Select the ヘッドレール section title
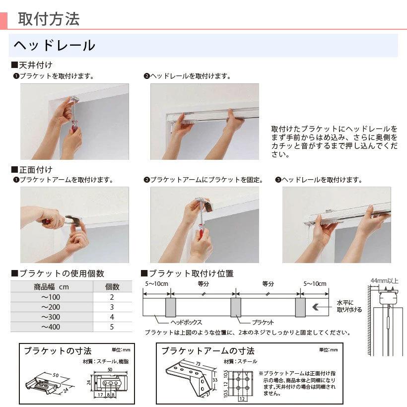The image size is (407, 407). coord(54,46)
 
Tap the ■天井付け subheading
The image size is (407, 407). coord(32,65)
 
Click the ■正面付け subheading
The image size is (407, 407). coord(32,170)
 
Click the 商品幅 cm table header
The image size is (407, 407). coord(51,286)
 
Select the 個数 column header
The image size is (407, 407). coord(112,286)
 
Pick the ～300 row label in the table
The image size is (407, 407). coord(51,317)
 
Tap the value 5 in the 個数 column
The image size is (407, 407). coord(112,327)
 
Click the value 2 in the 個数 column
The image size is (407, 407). coord(112,297)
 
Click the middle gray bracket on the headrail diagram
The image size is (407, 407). coord(235,308)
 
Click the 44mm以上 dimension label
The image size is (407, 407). coord(385,281)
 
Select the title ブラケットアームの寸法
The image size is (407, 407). coord(208,351)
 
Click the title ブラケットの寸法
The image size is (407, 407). coord(58,351)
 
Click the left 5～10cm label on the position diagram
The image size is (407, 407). coord(156,284)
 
